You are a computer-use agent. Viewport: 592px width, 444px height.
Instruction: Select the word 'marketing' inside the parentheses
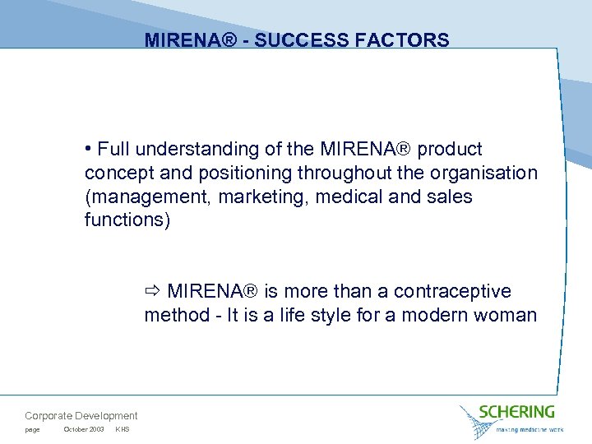pyautogui.click(x=255, y=197)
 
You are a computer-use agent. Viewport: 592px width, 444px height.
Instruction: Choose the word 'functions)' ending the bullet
pyautogui.click(x=127, y=221)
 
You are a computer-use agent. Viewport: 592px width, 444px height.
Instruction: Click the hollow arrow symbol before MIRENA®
pyautogui.click(x=152, y=292)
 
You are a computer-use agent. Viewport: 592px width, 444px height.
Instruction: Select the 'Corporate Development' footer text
pyautogui.click(x=81, y=416)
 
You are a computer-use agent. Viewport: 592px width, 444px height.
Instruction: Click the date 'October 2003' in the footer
pyautogui.click(x=83, y=430)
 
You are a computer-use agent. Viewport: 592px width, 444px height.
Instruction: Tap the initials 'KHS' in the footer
pyautogui.click(x=123, y=430)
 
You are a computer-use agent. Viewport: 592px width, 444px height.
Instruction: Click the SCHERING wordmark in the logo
pyautogui.click(x=516, y=411)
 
